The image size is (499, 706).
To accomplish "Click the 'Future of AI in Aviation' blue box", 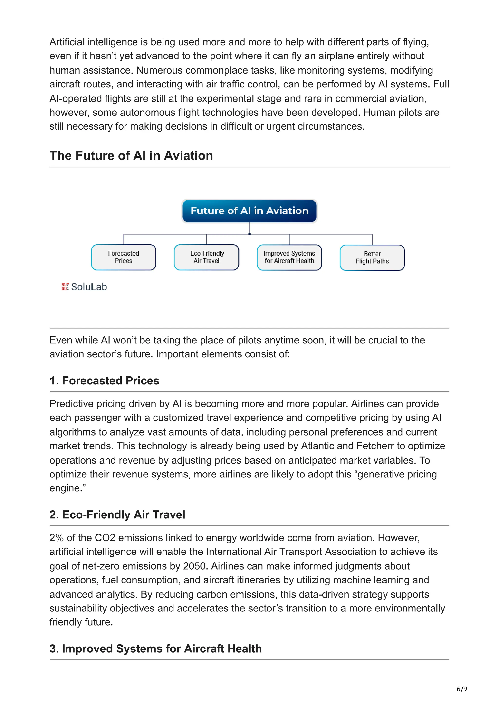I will [249, 211].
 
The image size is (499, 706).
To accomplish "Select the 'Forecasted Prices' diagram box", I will [124, 257].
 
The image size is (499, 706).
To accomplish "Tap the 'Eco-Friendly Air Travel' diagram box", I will [206, 257].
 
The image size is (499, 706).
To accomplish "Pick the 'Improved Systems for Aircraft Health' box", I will [289, 257].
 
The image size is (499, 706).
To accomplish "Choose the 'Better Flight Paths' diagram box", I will [372, 258].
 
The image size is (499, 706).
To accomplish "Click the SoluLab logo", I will [84, 287].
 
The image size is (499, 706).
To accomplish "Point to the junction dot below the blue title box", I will [249, 234].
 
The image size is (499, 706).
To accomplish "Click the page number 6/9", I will [461, 689].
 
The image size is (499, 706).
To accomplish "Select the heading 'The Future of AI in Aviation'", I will [131, 156].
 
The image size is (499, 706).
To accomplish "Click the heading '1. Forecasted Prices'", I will [104, 381].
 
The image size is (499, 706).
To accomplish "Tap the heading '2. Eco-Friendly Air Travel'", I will [117, 515].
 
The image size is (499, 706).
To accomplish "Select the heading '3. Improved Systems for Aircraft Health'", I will [156, 649].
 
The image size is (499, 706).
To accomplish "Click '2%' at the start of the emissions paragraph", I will [57, 538].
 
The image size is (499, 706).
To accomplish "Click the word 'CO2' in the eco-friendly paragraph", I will [105, 538].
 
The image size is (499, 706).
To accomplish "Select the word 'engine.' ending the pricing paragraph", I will [68, 488].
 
